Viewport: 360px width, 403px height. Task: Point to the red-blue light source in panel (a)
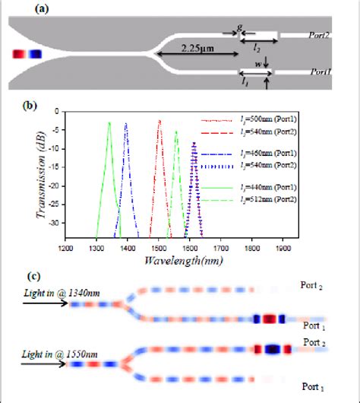[28, 54]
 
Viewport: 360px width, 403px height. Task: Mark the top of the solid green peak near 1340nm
[109, 122]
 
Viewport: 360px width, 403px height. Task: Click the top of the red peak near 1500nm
[159, 120]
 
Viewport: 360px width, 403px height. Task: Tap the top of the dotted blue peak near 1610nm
[194, 143]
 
